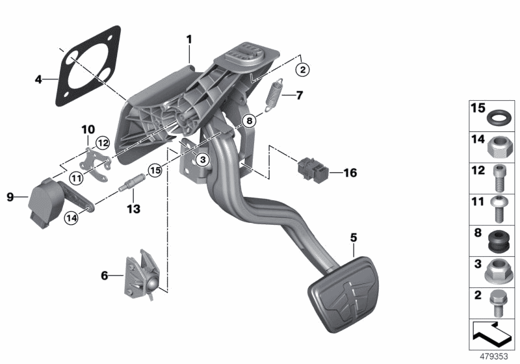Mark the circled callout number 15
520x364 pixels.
tap(154, 171)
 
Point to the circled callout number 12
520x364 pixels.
tap(102, 142)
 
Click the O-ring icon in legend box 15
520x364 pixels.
tap(498, 118)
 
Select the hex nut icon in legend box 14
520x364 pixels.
tap(498, 149)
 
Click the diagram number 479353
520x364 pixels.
tap(492, 357)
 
